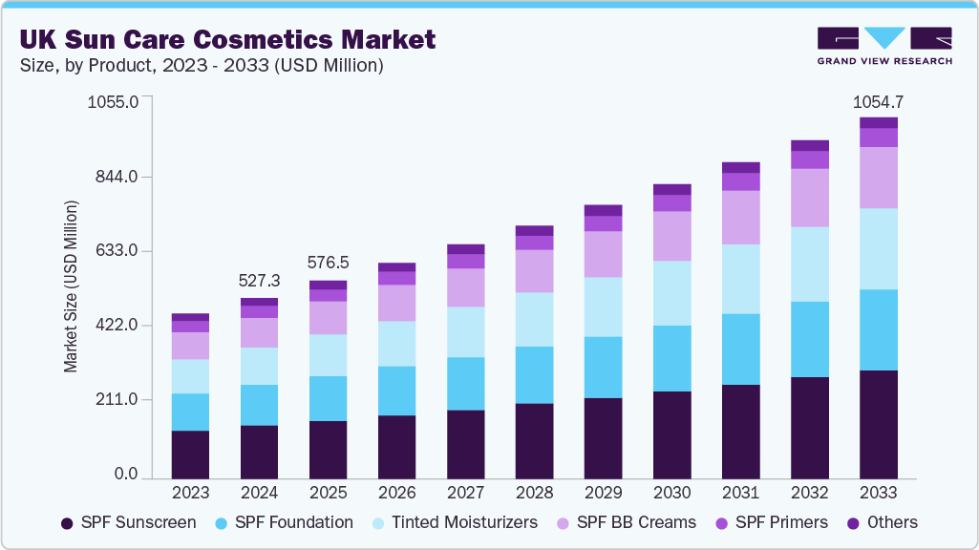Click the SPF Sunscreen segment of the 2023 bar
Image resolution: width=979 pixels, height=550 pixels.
point(190,455)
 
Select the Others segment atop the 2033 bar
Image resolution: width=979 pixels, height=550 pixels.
point(878,122)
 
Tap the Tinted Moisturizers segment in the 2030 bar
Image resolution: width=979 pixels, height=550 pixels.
point(671,293)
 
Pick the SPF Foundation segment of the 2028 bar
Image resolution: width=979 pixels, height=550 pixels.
point(534,374)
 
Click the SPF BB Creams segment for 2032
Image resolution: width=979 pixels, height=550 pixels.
point(809,198)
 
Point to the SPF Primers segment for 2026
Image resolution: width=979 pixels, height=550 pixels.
point(396,278)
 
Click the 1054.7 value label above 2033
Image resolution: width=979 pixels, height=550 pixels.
point(878,102)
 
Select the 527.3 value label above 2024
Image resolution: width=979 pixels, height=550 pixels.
point(259,281)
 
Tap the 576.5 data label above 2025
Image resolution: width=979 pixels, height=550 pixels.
point(328,263)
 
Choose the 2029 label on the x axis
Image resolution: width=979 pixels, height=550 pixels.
point(603,494)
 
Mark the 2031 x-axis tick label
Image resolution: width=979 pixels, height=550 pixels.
point(740,494)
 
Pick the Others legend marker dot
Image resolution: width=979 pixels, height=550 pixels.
point(854,523)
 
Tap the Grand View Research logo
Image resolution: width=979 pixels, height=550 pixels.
point(884,46)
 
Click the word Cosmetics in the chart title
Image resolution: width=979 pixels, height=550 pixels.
point(278,39)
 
